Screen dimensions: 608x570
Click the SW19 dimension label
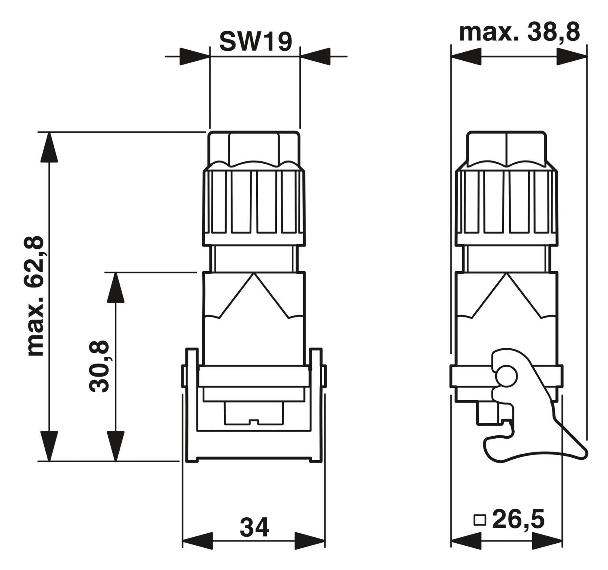coord(255,42)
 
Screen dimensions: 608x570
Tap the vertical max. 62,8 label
coord(36,296)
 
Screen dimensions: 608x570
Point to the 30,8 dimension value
coord(98,366)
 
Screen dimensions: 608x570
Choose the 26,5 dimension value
coord(518,519)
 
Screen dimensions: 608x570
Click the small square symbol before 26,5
coord(480,520)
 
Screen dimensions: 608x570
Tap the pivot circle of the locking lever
coord(506,376)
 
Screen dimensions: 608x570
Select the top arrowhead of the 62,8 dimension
coord(49,147)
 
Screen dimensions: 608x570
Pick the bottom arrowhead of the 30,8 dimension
coord(116,446)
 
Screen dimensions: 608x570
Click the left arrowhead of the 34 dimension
coord(197,549)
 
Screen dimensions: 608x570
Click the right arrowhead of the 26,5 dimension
coord(547,549)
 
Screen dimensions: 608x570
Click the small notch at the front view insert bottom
coord(254,422)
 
